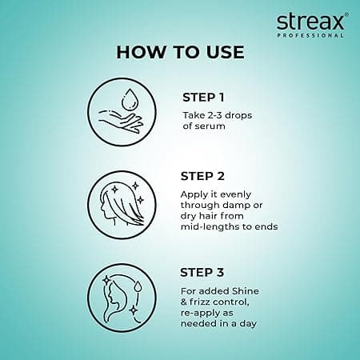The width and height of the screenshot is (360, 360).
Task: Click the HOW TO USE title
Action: tap(179, 53)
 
